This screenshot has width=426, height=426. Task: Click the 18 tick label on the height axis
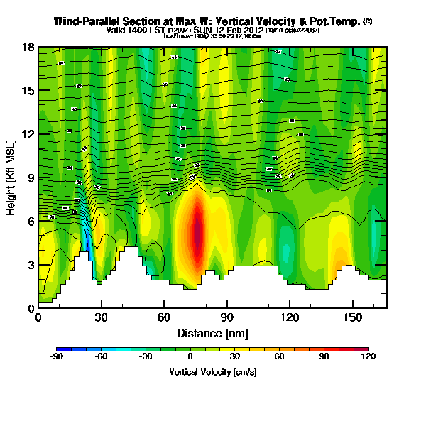tap(29, 47)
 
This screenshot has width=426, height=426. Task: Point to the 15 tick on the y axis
tap(29, 90)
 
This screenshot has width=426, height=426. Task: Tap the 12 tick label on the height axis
tap(29, 133)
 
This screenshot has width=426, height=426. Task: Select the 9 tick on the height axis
tap(31, 177)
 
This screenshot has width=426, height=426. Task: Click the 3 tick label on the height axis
tap(31, 265)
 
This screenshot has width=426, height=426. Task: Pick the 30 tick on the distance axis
tap(101, 317)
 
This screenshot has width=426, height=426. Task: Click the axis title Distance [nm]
tap(212, 332)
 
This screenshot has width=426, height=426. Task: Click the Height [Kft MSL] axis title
tap(12, 177)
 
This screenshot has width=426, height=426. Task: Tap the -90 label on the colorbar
tap(58, 358)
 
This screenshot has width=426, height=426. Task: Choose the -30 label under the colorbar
tap(146, 358)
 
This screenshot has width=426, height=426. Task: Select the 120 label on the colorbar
tap(368, 358)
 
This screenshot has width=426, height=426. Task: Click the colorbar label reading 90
tap(324, 358)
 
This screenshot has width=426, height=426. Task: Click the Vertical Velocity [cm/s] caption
tap(212, 372)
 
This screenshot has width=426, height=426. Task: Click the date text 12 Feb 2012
tap(239, 31)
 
